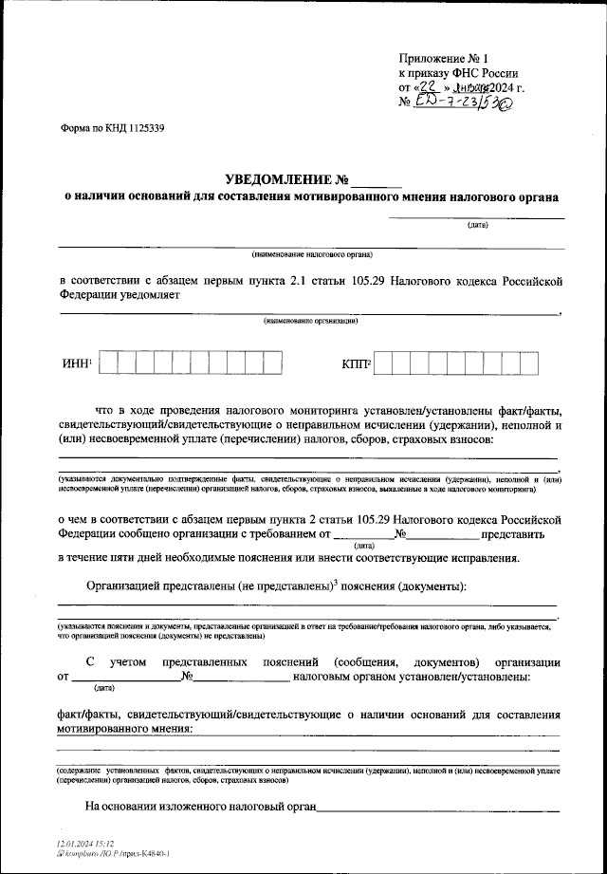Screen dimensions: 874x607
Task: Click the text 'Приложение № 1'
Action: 445,59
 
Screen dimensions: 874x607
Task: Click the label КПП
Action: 354,365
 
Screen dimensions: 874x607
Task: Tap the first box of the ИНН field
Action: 106,364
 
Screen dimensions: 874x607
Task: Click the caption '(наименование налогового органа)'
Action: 312,254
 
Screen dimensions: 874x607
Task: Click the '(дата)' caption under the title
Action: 477,226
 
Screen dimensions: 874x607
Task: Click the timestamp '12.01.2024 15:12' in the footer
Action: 84,843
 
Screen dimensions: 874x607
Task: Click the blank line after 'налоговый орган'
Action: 438,810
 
